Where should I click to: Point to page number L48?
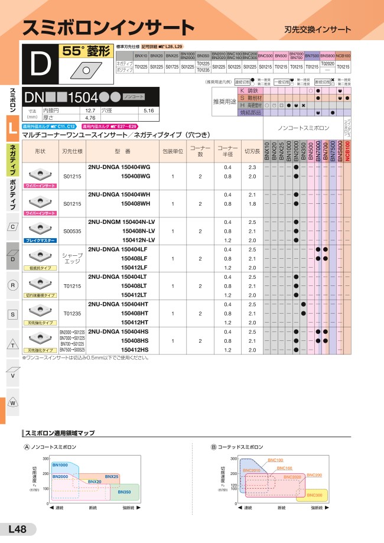point(17,529)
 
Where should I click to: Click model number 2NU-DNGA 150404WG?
point(119,168)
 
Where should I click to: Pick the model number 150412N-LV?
point(138,240)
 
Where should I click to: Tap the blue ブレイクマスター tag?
point(40,240)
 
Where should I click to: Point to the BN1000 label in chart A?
point(60,466)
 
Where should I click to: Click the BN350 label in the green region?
point(124,492)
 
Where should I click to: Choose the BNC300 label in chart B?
point(315,495)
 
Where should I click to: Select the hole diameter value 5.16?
point(148,110)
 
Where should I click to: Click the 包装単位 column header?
point(173,151)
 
